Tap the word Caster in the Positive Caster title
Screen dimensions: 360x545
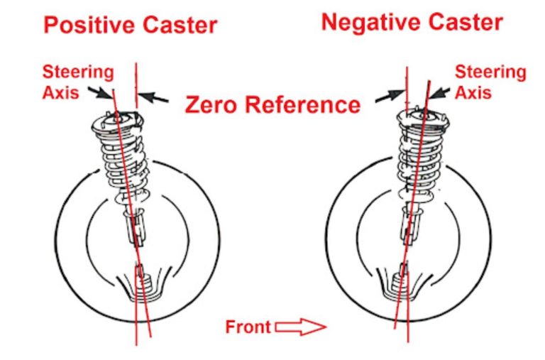coord(178,26)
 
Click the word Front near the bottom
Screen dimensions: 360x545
coord(248,327)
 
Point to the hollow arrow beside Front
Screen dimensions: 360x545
coord(299,327)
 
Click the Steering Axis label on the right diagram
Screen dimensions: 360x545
coord(490,82)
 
